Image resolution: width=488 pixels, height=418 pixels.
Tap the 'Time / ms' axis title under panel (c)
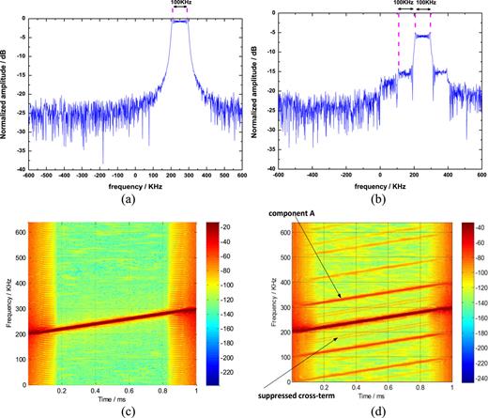(115, 398)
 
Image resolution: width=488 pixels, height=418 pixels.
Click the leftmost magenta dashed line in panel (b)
(399, 47)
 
